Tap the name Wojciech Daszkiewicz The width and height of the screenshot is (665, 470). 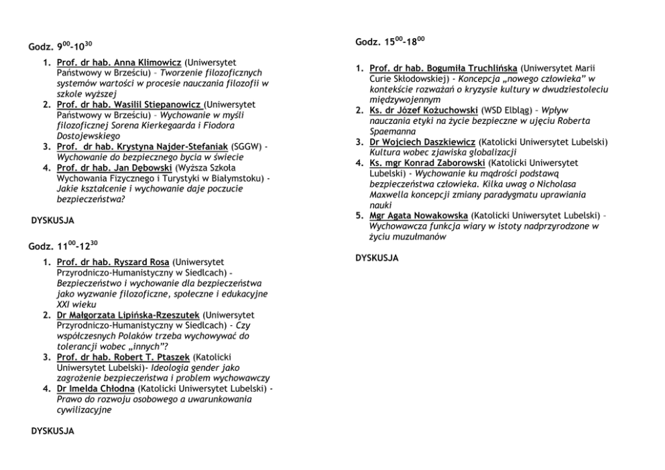click(x=431, y=142)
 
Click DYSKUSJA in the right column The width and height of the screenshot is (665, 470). click(x=377, y=257)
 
